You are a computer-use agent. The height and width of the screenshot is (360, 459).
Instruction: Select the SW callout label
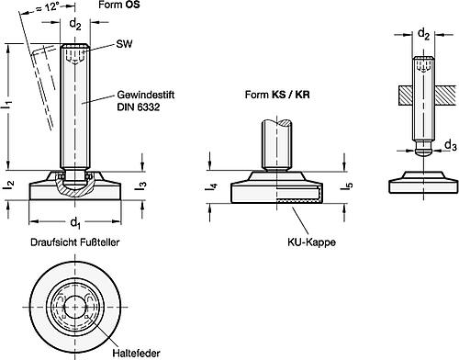point(124,43)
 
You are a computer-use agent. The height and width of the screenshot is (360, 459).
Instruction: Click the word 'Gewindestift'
point(145,96)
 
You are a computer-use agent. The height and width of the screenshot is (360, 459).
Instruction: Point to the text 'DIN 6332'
point(139,108)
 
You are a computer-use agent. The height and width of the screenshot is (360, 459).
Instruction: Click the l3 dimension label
point(141,187)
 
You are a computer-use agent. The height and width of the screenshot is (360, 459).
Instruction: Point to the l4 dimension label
point(211,190)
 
